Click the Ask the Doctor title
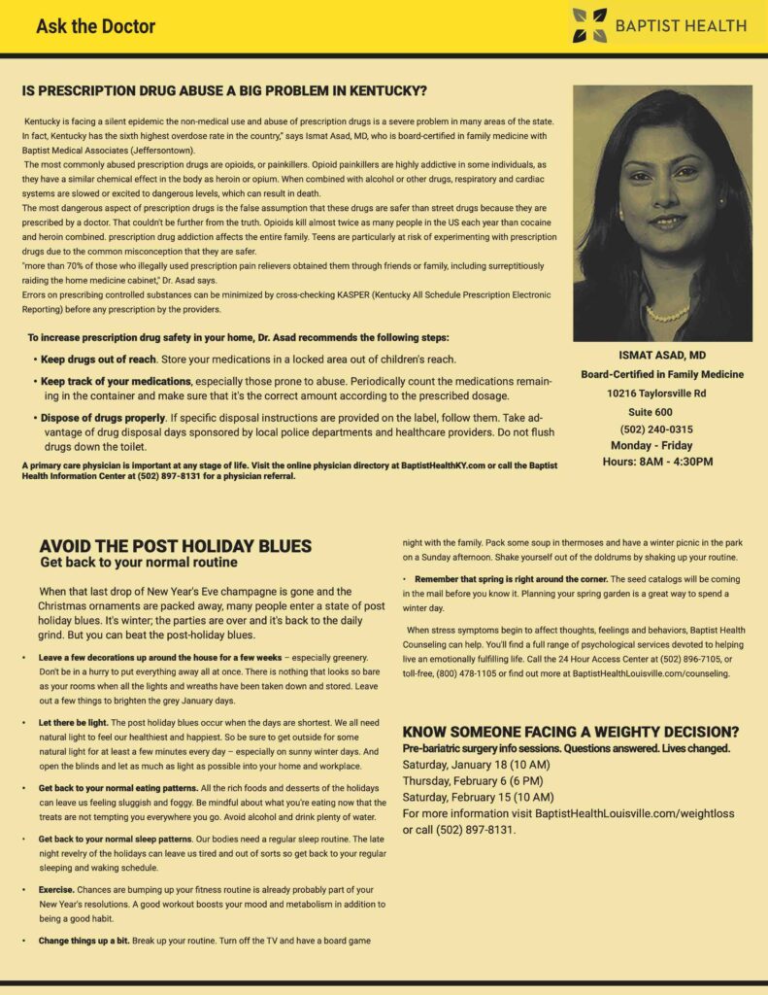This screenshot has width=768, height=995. pos(95,26)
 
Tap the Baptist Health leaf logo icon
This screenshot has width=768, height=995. pos(588,25)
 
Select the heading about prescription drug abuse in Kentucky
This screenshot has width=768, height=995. pos(224,92)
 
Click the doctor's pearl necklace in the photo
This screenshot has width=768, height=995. pos(667,314)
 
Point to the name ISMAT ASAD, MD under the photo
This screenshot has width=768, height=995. pos(662,356)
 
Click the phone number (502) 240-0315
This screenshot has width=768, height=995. pos(655,429)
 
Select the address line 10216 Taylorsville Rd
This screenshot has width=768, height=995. pos(656,394)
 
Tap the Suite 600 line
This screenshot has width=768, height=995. pos(656,412)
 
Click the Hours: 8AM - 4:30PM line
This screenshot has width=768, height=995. pos(657,462)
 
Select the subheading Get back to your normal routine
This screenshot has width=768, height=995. pos(138,563)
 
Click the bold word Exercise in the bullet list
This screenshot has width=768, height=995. pos(56,889)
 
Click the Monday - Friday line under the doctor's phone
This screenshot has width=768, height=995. pos(651,446)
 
